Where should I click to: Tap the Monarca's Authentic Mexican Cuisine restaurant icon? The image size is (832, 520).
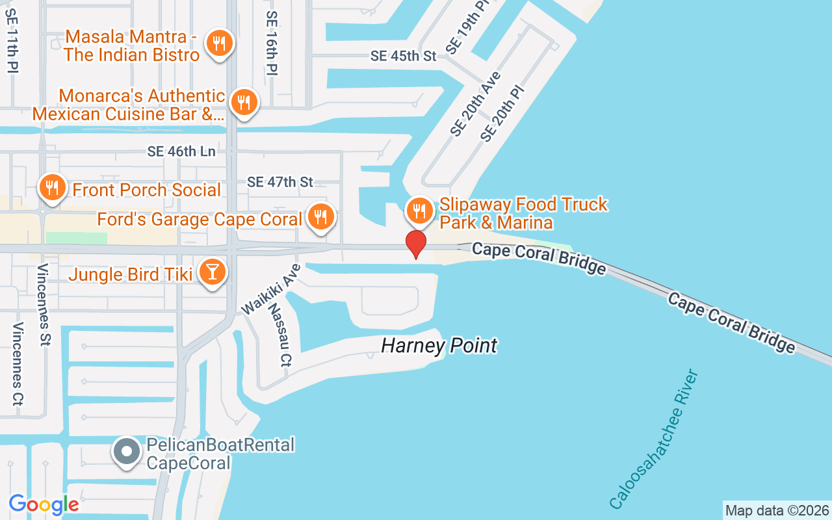point(244,102)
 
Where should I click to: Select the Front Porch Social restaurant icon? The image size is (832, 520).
point(51,188)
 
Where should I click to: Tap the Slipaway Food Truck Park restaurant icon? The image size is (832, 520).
point(420,211)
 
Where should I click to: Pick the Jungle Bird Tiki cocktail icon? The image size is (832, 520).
point(212,272)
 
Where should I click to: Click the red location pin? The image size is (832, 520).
point(415,244)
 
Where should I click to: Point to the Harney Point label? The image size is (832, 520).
point(439,345)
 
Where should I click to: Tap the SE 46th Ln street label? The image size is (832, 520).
point(181,151)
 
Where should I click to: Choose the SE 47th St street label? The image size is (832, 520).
point(280,182)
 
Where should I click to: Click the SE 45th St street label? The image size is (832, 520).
point(403,56)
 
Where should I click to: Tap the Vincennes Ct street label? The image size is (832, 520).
point(18,363)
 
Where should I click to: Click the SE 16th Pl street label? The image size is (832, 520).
point(272,43)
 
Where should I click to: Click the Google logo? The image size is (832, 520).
point(44,504)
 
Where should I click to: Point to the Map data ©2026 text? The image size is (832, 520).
point(777,510)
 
